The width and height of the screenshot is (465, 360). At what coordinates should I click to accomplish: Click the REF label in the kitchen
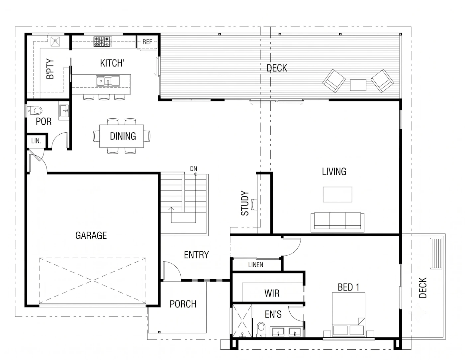coord(147,42)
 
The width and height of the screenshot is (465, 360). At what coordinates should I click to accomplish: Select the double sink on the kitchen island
coord(108,81)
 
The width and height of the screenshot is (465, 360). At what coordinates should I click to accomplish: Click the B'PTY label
coord(50,68)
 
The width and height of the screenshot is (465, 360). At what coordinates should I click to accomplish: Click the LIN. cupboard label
coord(36,141)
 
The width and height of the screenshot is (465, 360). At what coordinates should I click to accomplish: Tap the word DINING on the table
coord(123,136)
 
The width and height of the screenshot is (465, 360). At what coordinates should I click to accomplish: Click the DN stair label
coord(193,169)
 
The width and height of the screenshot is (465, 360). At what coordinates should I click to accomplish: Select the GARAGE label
coord(91,235)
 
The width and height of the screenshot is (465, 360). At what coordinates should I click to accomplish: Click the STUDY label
coord(245,203)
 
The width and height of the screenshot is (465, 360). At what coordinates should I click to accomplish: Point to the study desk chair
coord(254,204)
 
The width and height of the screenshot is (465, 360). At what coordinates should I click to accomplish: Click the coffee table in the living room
coord(337,194)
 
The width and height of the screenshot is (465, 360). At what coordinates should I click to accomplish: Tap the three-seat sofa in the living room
coord(337,222)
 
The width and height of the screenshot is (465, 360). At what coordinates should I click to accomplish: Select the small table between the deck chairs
coord(358,85)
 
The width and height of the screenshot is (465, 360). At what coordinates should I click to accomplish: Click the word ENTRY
coord(196,255)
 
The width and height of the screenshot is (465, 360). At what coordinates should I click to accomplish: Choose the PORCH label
coord(183,304)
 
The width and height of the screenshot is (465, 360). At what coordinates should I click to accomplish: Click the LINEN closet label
coord(256,265)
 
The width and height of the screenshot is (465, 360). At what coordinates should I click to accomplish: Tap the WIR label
coord(272,293)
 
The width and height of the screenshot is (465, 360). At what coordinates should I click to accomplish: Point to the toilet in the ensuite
coord(261,330)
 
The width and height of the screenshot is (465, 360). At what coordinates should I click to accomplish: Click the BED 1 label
coord(348,287)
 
